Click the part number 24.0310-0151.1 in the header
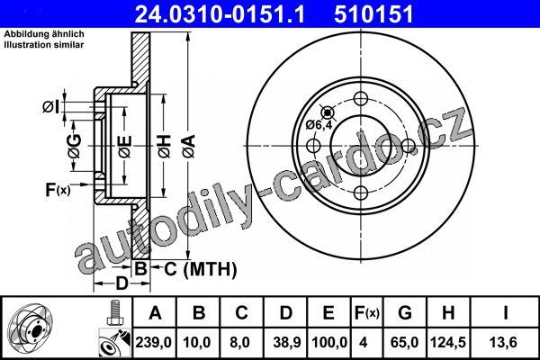pyautogui.click(x=220, y=14)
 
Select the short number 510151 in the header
pyautogui.click(x=373, y=14)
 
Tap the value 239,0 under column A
pyautogui.click(x=153, y=342)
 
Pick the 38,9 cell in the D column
pyautogui.click(x=287, y=342)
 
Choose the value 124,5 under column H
pyautogui.click(x=447, y=342)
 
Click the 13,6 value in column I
pyautogui.click(x=503, y=342)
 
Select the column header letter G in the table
pyautogui.click(x=405, y=313)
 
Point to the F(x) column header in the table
pyautogui.click(x=367, y=313)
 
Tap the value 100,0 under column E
pyautogui.click(x=329, y=342)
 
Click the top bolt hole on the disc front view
pyautogui.click(x=361, y=99)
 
